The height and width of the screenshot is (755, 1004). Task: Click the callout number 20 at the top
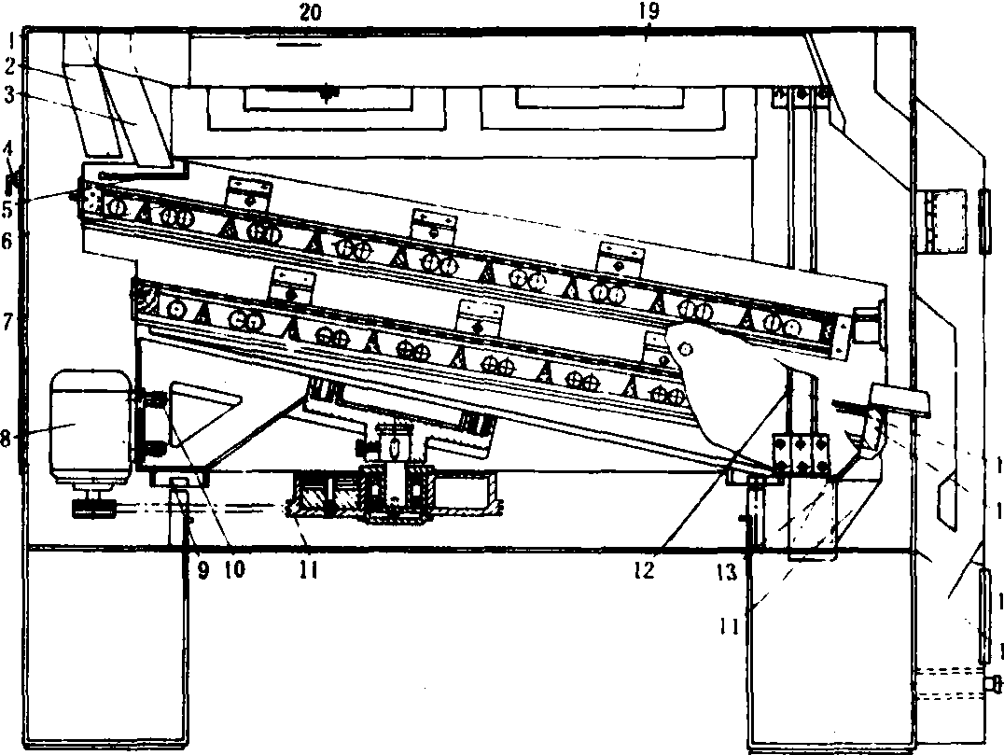coord(309,13)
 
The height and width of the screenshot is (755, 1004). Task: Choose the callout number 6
coord(7,241)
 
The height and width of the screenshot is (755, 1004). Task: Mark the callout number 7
coord(7,322)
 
